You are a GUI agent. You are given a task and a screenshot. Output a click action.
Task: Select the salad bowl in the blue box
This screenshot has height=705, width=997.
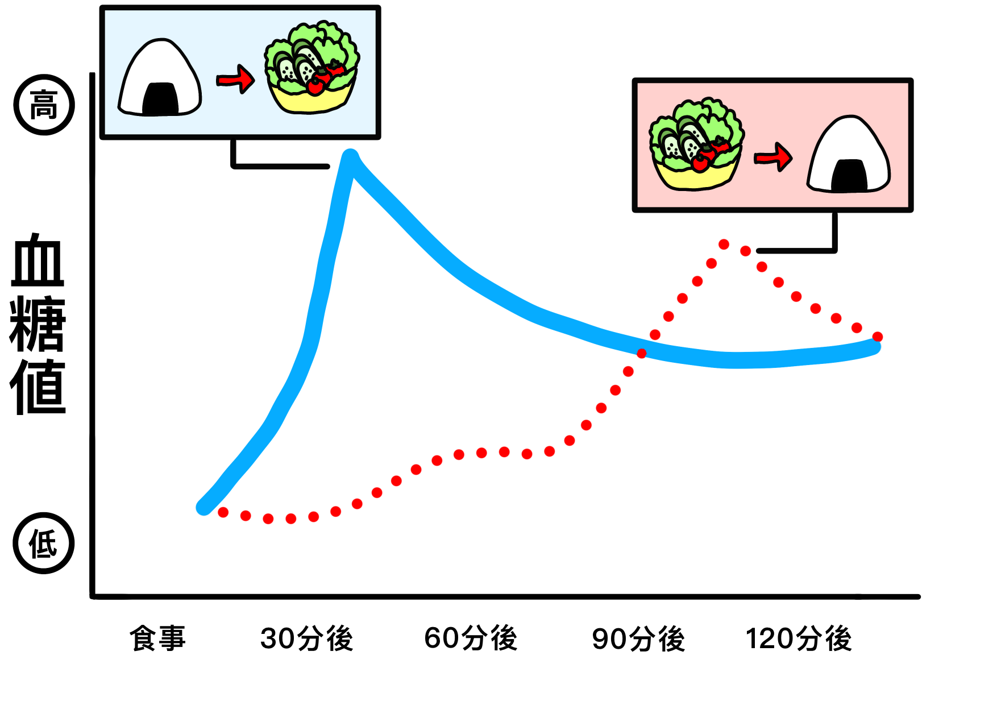click(x=311, y=68)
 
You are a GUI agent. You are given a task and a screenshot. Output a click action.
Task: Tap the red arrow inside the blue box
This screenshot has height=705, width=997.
click(x=235, y=80)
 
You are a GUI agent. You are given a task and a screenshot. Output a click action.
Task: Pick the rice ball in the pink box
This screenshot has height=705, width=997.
click(x=848, y=155)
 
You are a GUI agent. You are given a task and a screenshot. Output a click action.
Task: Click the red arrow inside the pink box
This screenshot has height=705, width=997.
click(x=773, y=157)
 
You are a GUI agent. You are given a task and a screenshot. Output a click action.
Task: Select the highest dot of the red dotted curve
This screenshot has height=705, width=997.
click(x=724, y=244)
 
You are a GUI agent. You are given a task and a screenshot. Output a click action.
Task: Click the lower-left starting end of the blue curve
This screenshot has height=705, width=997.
click(x=204, y=507)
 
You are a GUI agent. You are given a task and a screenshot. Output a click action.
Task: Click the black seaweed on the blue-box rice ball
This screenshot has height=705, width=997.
click(x=160, y=99)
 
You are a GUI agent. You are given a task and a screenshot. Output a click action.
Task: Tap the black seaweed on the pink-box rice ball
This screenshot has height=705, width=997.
click(x=849, y=175)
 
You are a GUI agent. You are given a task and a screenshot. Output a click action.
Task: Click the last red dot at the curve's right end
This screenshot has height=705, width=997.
click(x=877, y=337)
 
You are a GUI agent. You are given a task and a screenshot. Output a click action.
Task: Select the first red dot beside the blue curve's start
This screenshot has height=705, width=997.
click(x=223, y=512)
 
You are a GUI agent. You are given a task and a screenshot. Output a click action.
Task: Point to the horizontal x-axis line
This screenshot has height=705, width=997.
click(x=506, y=596)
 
